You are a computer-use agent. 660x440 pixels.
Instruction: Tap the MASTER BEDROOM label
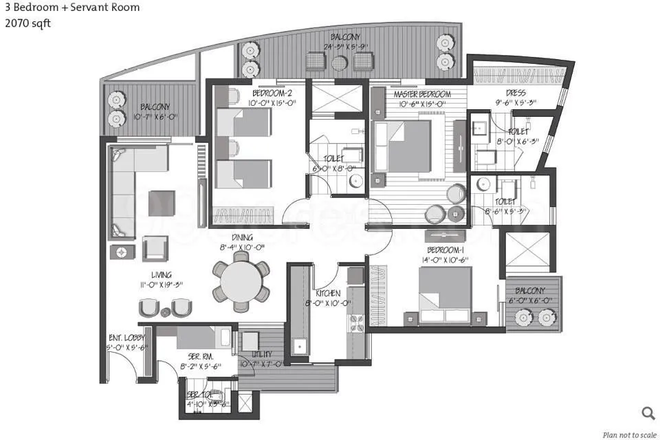(421, 94)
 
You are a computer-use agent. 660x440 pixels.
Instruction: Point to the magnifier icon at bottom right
(648, 412)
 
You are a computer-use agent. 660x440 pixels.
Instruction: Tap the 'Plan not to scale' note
(628, 434)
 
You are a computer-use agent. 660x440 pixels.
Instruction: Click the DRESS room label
(516, 93)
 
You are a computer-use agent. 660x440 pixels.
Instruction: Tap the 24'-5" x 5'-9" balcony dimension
(347, 47)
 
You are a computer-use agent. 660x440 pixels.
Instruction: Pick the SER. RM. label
(200, 357)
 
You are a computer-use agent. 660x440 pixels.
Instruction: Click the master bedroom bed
(406, 146)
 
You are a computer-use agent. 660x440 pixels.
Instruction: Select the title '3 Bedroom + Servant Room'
(71, 8)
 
